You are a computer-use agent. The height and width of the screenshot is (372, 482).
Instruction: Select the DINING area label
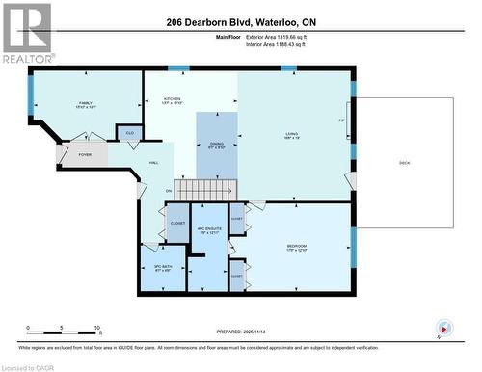pyautogui.click(x=216, y=146)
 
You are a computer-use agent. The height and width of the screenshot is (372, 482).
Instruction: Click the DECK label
pyautogui.click(x=404, y=163)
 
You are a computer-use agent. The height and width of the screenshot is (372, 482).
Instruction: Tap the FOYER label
pyautogui.click(x=85, y=153)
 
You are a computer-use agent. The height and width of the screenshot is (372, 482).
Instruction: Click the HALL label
pyautogui.click(x=153, y=163)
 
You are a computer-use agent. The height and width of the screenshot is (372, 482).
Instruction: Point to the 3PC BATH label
pyautogui.click(x=162, y=268)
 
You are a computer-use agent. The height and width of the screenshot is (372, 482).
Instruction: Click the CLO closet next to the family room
pyautogui.click(x=129, y=132)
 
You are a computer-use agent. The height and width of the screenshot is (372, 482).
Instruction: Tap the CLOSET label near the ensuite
pyautogui.click(x=177, y=224)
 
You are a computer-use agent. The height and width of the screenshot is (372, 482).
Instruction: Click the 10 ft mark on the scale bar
pyautogui.click(x=97, y=329)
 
